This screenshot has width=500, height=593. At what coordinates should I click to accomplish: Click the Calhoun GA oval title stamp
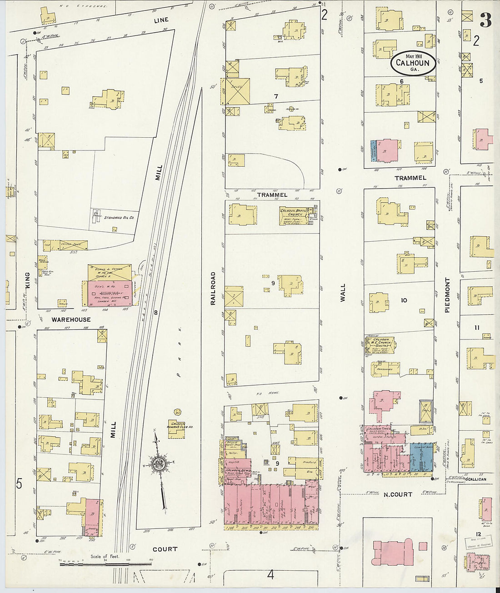(413, 63)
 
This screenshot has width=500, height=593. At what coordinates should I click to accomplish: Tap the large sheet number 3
(485, 20)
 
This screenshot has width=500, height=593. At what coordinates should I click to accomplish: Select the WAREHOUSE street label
(71, 319)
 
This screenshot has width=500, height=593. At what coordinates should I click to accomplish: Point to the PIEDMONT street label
(447, 295)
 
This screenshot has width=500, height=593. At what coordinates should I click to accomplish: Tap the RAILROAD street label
(212, 288)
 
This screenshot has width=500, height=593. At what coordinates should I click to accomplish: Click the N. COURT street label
(398, 494)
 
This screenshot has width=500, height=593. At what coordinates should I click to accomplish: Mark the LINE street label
(160, 20)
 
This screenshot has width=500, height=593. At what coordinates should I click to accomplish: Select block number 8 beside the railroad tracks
(155, 312)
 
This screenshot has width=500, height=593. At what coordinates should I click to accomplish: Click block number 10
(404, 300)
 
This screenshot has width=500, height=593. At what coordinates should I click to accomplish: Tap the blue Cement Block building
(422, 456)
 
